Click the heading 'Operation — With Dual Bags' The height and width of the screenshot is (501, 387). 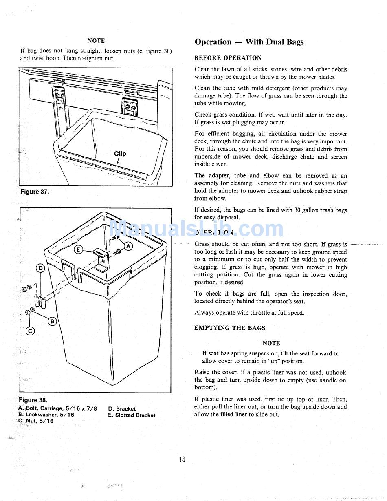click(x=249, y=42)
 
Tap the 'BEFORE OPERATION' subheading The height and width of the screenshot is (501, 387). click(x=228, y=58)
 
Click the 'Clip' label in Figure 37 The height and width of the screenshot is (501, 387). click(x=120, y=154)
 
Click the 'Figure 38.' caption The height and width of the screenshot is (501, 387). click(x=33, y=400)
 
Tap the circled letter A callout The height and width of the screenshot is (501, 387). click(x=128, y=246)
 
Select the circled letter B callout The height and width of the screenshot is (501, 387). click(x=52, y=321)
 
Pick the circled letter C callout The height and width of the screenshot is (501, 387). click(x=30, y=331)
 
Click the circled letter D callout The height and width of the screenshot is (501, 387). click(x=40, y=268)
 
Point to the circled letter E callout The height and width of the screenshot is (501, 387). click(x=79, y=250)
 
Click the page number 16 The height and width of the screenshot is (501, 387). click(x=182, y=459)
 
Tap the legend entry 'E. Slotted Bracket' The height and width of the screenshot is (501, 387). click(x=132, y=415)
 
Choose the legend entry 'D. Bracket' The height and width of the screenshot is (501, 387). click(x=122, y=408)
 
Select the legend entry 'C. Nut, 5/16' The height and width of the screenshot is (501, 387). click(x=36, y=421)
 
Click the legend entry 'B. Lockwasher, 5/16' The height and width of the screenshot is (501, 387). click(x=46, y=415)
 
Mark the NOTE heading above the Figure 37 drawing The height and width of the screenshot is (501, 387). click(x=96, y=40)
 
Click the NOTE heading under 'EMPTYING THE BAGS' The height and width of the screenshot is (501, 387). click(x=271, y=343)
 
